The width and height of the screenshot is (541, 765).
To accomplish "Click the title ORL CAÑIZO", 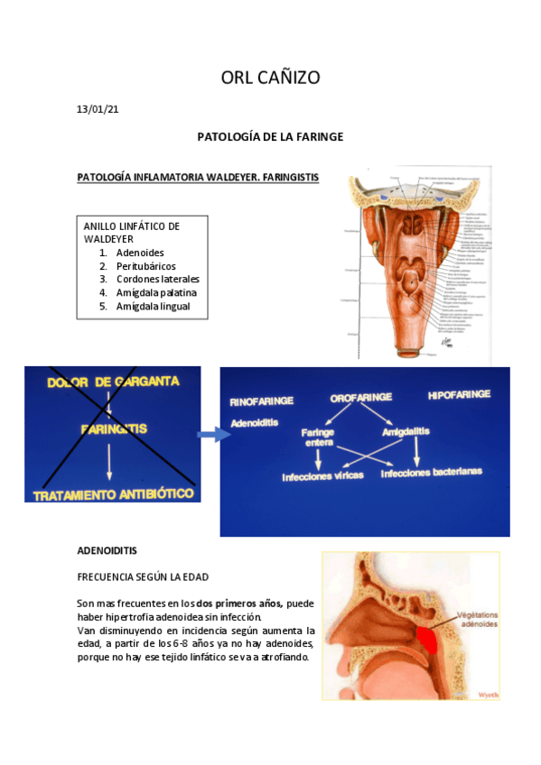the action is pyautogui.click(x=270, y=78).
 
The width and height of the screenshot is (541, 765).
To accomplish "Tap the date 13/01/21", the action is pyautogui.click(x=98, y=110).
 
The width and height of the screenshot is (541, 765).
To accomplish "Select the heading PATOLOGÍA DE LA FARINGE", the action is pyautogui.click(x=270, y=137).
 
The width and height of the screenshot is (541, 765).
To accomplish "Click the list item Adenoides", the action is pyautogui.click(x=140, y=253).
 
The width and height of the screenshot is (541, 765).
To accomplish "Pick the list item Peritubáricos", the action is pyautogui.click(x=145, y=266).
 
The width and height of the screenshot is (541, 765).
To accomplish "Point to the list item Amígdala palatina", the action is pyautogui.click(x=156, y=293).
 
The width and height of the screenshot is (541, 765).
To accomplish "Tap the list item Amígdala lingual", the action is pyautogui.click(x=153, y=307).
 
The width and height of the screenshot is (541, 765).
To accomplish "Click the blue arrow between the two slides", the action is pyautogui.click(x=213, y=435).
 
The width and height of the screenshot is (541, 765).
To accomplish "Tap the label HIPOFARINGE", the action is pyautogui.click(x=459, y=394).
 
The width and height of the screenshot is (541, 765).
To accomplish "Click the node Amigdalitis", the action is pyautogui.click(x=406, y=433).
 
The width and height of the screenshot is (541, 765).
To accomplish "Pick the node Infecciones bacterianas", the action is pyautogui.click(x=431, y=471).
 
